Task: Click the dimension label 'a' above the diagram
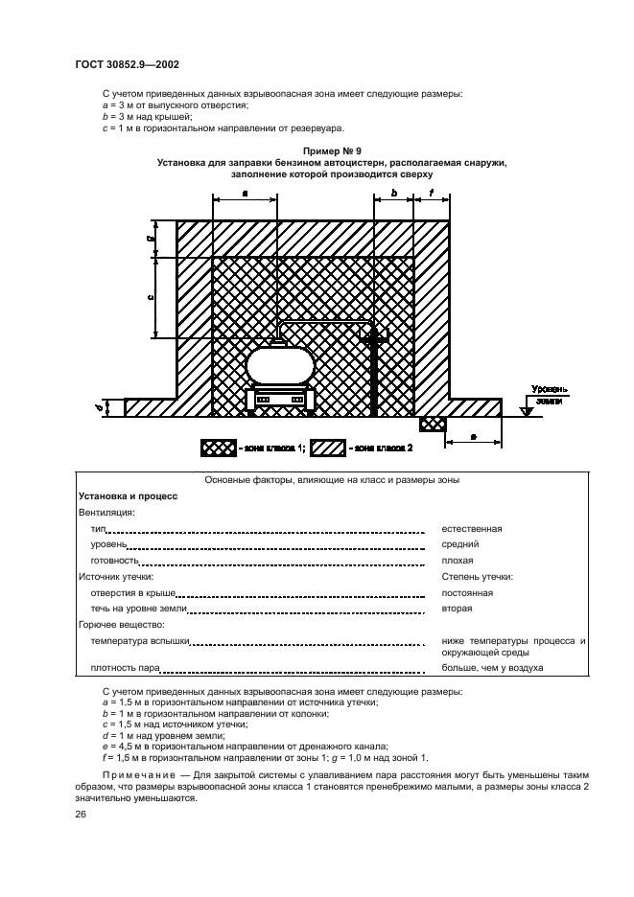245,194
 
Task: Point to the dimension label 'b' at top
394,194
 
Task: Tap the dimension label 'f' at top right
433,194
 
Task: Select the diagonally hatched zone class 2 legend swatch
329,448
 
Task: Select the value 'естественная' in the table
472,528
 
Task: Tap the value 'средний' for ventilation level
460,543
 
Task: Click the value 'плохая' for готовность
458,560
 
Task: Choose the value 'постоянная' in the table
467,593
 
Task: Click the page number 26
82,815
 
